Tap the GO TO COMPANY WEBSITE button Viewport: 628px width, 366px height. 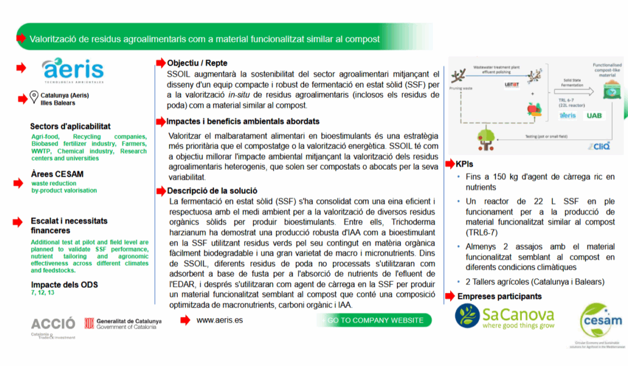375,320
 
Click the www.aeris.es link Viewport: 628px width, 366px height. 220,320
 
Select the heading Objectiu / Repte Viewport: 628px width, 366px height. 197,63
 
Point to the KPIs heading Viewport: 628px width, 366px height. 464,164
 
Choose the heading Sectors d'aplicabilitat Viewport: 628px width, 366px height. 71,126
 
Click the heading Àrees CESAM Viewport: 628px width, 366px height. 57,174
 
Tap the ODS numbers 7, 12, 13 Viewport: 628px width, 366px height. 43,292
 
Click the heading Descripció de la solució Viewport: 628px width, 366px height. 212,191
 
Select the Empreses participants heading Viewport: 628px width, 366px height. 499,297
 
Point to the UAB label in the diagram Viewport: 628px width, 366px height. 594,115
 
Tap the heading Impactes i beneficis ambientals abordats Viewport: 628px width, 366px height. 243,121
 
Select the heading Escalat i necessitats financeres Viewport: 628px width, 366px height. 69,226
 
